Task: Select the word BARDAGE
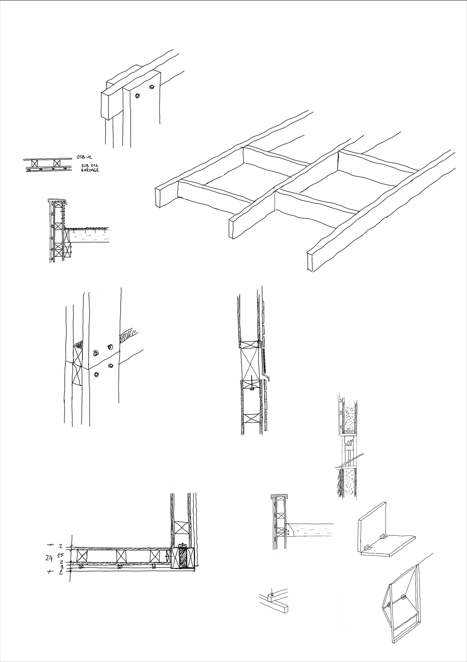90,170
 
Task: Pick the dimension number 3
61,567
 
